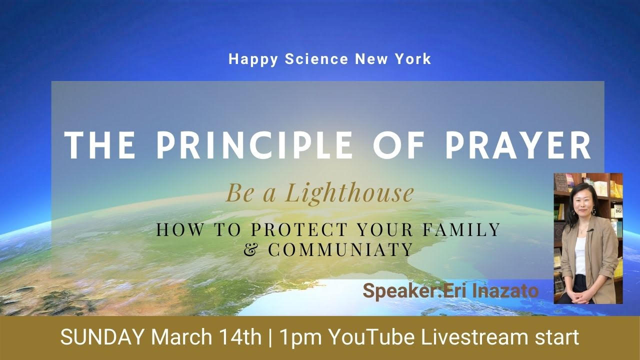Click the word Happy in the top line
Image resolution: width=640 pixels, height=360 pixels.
253,59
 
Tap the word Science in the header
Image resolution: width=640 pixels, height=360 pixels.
316,59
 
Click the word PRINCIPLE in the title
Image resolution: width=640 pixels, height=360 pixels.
255,145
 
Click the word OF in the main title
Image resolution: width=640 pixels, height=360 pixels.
399,145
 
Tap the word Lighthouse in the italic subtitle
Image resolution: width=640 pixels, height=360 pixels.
349,193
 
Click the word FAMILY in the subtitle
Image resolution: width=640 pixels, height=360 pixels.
461,230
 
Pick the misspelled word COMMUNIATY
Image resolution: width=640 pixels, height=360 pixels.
340,249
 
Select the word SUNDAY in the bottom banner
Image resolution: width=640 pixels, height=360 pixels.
102,337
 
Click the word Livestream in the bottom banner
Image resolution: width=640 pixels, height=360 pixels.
475,337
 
